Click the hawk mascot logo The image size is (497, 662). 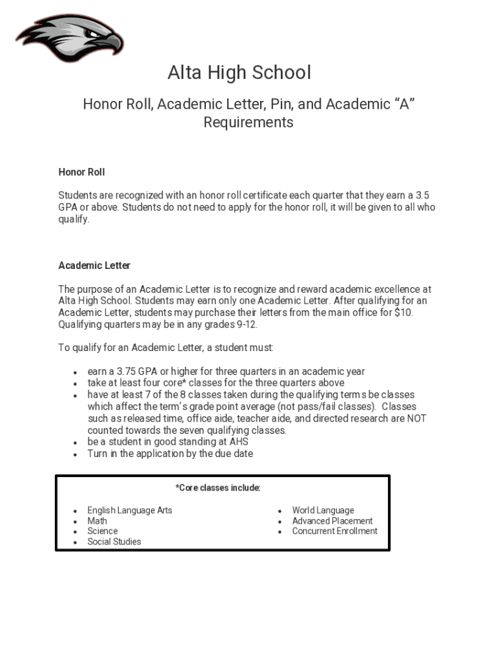point(69,39)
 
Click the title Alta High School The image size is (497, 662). point(239,72)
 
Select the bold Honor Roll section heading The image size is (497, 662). point(81,172)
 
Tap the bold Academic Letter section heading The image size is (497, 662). point(94,266)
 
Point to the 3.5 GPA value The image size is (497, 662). point(422,195)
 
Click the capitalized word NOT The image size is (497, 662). point(416,418)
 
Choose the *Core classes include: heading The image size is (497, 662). point(218,488)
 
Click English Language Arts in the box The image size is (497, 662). point(130,511)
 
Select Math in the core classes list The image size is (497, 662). point(97,521)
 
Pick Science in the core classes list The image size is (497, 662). point(103,531)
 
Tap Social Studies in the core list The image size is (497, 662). point(114,542)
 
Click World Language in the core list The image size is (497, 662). point(323,511)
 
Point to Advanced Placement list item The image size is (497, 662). point(332,521)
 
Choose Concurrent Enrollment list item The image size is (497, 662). point(334,531)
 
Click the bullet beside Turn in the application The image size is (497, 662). point(76,454)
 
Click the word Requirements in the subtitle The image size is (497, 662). point(249,123)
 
